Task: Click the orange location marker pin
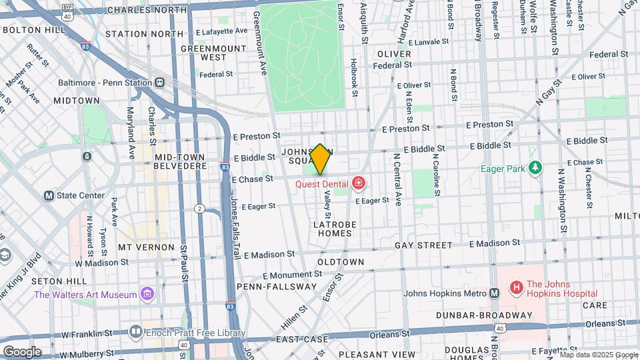pyautogui.click(x=320, y=159)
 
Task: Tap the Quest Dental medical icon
pyautogui.click(x=359, y=182)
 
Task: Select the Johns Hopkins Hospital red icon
pyautogui.click(x=515, y=288)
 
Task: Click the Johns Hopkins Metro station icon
pyautogui.click(x=494, y=293)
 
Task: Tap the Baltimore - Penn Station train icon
pyautogui.click(x=159, y=83)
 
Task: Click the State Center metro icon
pyautogui.click(x=48, y=195)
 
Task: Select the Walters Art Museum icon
pyautogui.click(x=147, y=294)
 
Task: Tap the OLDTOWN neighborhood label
pyautogui.click(x=340, y=262)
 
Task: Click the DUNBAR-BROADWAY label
pyautogui.click(x=484, y=315)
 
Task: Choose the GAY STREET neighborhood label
pyautogui.click(x=424, y=246)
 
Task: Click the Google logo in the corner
pyautogui.click(x=21, y=351)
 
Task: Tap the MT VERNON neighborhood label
pyautogui.click(x=145, y=247)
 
